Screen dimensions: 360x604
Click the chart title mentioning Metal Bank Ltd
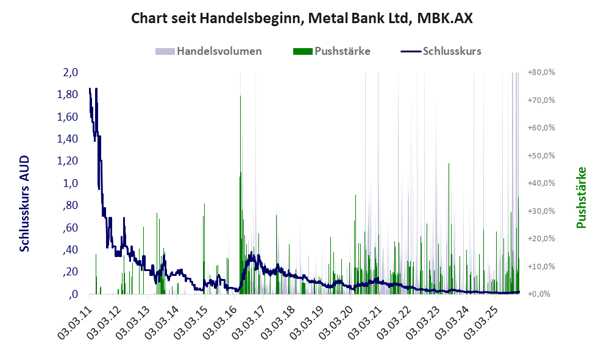click(302, 18)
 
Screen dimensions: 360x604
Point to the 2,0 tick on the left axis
click(70, 72)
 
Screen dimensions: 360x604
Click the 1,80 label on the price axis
click(66, 94)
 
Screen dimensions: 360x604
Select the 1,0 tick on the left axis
click(70, 183)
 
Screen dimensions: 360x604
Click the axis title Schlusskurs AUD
click(24, 203)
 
